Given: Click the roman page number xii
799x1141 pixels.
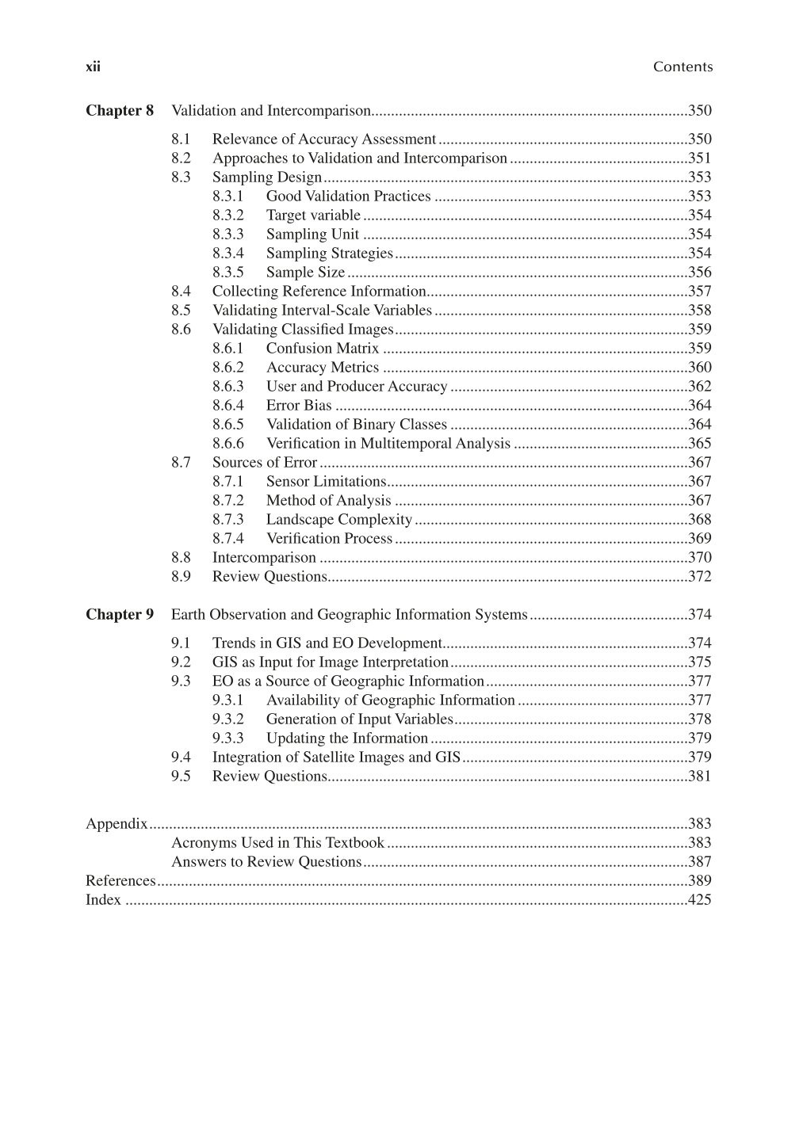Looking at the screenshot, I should pyautogui.click(x=93, y=67).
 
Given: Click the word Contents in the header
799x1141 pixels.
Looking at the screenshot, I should pyautogui.click(x=682, y=67).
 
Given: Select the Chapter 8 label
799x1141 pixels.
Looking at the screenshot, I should pyautogui.click(x=120, y=111).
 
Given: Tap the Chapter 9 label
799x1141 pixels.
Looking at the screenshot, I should pyautogui.click(x=120, y=615).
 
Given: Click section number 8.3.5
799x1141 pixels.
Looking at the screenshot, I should pyautogui.click(x=228, y=273).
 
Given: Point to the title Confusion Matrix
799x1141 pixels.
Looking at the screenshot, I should pyautogui.click(x=323, y=349).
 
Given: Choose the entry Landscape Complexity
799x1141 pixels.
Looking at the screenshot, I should pyautogui.click(x=339, y=520).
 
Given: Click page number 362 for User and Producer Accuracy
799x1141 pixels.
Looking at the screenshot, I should pyautogui.click(x=699, y=387).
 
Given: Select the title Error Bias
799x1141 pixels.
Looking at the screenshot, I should pyautogui.click(x=299, y=406).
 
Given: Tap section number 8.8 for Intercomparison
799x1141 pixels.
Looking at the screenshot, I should pyautogui.click(x=181, y=558).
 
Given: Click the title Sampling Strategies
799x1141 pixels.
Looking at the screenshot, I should pyautogui.click(x=330, y=254).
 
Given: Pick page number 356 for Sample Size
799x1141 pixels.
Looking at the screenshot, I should pyautogui.click(x=699, y=273).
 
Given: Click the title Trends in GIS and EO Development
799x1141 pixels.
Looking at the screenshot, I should pyautogui.click(x=327, y=643).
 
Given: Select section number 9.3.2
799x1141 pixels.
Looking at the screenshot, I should pyautogui.click(x=228, y=719).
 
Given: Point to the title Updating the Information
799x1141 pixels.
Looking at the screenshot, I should pyautogui.click(x=347, y=738).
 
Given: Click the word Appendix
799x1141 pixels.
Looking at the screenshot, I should pyautogui.click(x=117, y=824).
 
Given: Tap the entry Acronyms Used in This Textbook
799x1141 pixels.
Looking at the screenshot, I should pyautogui.click(x=277, y=843).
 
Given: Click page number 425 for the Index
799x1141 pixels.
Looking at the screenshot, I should pyautogui.click(x=699, y=900).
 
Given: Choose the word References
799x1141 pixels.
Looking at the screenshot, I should pyautogui.click(x=120, y=881).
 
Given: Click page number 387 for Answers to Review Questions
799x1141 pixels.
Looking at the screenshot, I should pyautogui.click(x=699, y=862).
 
